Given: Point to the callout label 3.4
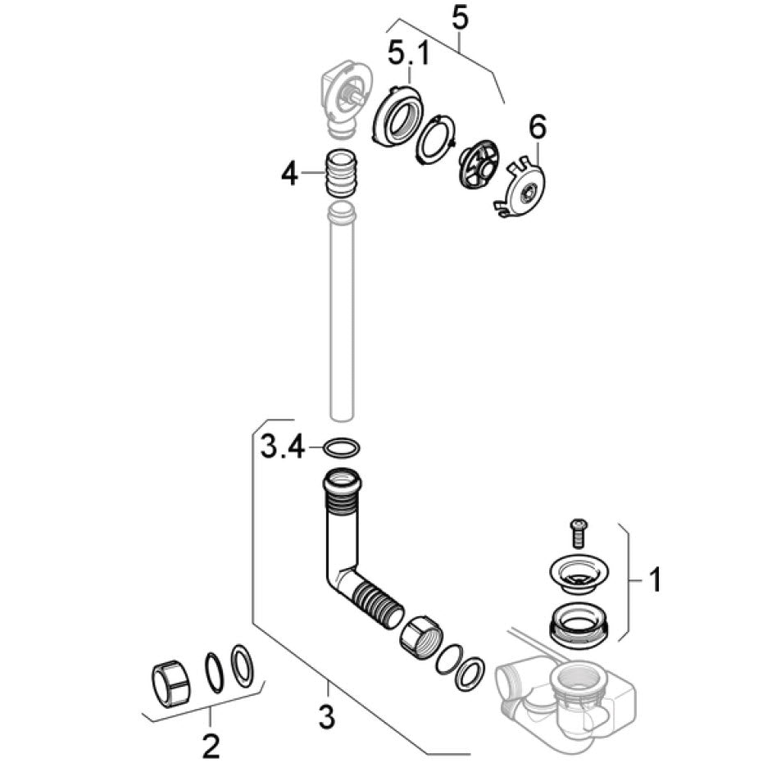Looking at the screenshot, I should point(283,447).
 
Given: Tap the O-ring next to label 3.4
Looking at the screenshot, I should point(340,447).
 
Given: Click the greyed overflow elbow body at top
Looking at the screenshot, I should point(340,100).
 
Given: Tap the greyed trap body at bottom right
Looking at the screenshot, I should point(565,697).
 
